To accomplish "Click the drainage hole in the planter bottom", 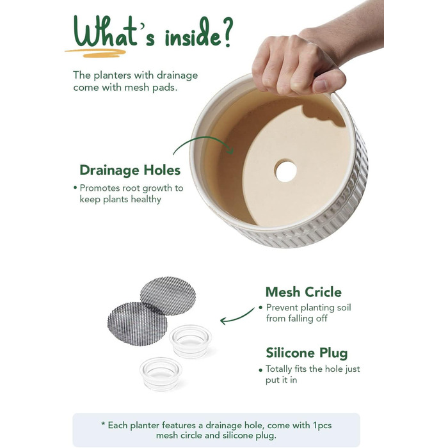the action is click(x=285, y=172).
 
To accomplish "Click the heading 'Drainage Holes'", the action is click(x=130, y=170).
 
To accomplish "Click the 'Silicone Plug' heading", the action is click(x=307, y=353).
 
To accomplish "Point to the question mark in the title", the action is click(x=228, y=31).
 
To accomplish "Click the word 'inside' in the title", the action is click(x=193, y=36).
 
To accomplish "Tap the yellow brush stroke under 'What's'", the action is click(x=95, y=53).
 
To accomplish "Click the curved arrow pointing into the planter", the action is click(x=201, y=138).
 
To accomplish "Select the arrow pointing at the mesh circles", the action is click(x=236, y=318).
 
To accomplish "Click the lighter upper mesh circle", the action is click(x=168, y=295).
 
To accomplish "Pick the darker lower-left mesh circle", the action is click(x=137, y=324).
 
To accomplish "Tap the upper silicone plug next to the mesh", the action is click(x=190, y=341).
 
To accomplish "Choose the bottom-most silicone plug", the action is click(x=161, y=374).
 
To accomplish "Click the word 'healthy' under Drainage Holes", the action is click(x=146, y=200).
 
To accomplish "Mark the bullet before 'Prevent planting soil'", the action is click(x=260, y=308).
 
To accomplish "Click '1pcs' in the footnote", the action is click(x=323, y=426).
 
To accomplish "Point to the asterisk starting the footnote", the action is click(x=103, y=424).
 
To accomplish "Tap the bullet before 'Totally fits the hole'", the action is click(x=260, y=371).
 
